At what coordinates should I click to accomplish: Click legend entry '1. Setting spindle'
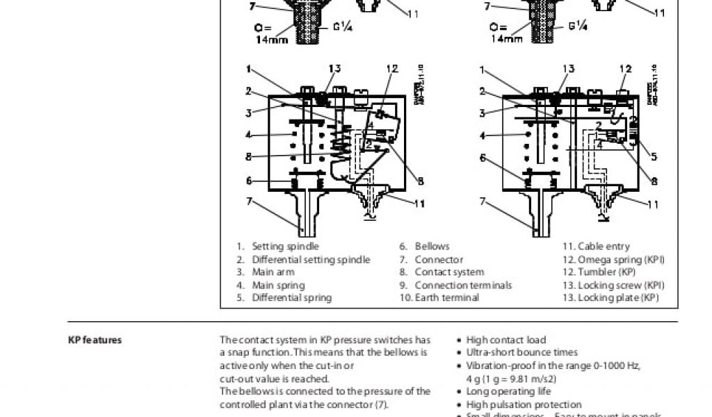pos(278,246)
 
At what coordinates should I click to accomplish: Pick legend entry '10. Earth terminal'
pos(439,297)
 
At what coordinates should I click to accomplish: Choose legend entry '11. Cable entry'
pos(596,246)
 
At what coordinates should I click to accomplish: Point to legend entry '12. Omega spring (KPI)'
pos(613,259)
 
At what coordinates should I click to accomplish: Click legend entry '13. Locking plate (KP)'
pos(610,297)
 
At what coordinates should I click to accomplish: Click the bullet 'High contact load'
pos(505,340)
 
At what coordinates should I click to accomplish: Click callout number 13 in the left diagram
pos(334,68)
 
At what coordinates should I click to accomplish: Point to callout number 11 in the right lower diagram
pos(653,204)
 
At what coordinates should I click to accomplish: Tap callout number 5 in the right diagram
pos(654,156)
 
